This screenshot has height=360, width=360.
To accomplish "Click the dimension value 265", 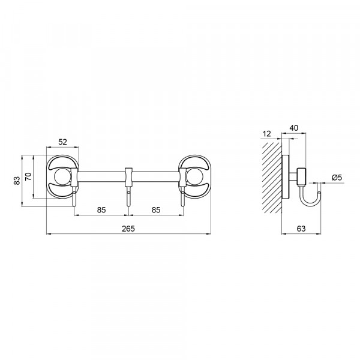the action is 128,229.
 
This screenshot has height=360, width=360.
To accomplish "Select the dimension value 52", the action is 62,142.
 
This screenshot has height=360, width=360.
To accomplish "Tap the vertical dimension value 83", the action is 17,181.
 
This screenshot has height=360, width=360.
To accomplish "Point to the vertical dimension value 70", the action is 28,176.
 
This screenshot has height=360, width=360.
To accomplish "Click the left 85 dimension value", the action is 101,210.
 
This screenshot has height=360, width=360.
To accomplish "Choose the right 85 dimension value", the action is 156,210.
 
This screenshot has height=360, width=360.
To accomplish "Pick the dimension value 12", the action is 267,134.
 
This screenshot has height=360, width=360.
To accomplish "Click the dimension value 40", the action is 293,128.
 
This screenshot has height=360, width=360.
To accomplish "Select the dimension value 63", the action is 301,229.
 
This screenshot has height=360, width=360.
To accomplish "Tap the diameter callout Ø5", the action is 337,177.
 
